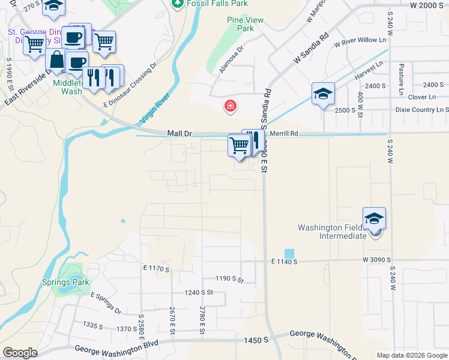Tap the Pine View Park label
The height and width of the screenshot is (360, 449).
tap(245, 24)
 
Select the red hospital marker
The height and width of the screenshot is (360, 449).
tap(229, 107)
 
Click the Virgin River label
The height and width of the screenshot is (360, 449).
tap(155, 109)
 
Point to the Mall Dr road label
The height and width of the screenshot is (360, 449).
tap(179, 133)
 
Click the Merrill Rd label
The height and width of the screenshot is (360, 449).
tap(284, 134)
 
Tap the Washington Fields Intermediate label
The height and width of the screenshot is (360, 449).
tap(332, 232)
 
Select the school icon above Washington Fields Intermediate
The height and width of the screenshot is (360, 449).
tap(374, 218)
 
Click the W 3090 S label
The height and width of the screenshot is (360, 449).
tap(377, 260)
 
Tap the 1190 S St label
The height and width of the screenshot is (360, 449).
tap(230, 279)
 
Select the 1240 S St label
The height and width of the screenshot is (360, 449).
tap(199, 292)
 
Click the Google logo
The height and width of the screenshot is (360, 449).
tap(20, 353)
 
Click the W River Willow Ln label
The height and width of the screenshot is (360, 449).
tap(361, 43)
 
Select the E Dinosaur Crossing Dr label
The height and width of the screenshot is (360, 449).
tap(130, 88)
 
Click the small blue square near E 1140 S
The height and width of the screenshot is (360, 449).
tap(289, 254)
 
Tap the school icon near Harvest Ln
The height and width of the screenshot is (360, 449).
tap(323, 94)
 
